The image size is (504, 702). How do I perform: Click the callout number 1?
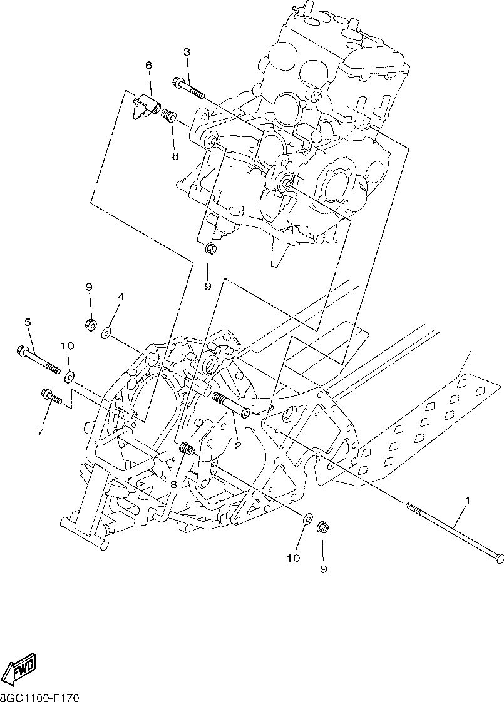point(467,500)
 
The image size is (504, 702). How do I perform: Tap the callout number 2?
point(238,445)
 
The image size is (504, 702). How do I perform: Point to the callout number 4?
point(121,297)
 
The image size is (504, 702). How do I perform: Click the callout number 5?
point(28,322)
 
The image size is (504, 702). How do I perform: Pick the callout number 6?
point(148,65)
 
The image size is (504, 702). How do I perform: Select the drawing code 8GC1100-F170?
point(39,698)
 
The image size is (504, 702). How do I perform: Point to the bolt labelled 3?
point(188,88)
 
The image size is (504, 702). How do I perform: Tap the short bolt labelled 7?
point(51,396)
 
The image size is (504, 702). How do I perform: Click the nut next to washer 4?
point(90,324)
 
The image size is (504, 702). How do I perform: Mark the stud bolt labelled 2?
point(230,404)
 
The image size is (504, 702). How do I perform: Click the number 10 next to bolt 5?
point(68,346)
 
